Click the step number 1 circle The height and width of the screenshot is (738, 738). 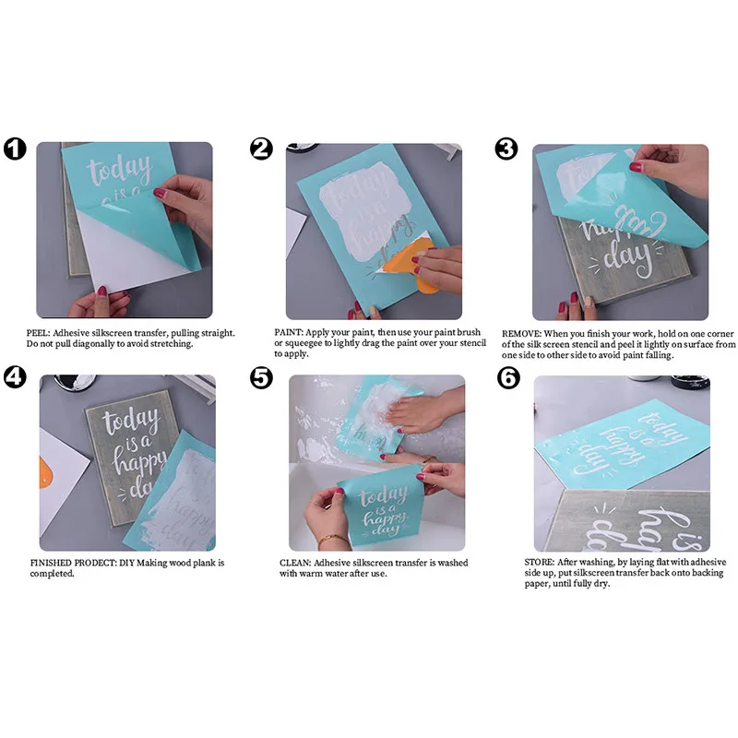click(x=15, y=149)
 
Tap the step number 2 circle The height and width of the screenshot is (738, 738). click(x=261, y=149)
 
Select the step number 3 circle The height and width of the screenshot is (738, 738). click(x=506, y=149)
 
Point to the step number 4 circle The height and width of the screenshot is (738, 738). click(x=15, y=377)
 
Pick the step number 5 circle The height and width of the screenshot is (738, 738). click(x=261, y=378)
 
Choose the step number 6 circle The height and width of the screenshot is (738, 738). click(x=509, y=378)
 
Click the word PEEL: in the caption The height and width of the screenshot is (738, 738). click(x=38, y=333)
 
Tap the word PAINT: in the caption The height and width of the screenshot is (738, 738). click(x=289, y=332)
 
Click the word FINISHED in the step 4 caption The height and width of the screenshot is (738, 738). click(x=51, y=563)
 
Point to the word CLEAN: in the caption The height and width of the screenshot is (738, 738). click(x=295, y=563)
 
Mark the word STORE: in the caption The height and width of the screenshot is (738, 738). click(x=540, y=562)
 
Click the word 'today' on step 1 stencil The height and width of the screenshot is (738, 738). click(x=120, y=169)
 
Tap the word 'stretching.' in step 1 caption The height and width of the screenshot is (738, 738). click(x=171, y=344)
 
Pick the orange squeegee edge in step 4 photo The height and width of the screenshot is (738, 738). click(x=45, y=472)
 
